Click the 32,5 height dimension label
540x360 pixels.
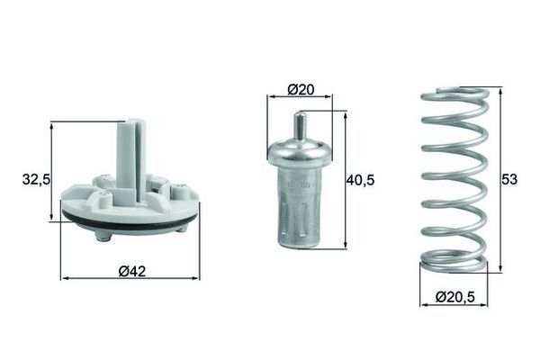(x=33, y=180)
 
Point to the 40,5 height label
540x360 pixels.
(x=360, y=180)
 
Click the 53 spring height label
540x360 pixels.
(x=509, y=180)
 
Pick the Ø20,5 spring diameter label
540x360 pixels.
(x=454, y=294)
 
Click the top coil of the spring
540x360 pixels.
(x=454, y=94)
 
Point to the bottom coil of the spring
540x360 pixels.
(x=454, y=264)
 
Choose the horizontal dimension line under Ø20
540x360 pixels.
(x=300, y=100)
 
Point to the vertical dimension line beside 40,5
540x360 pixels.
(x=345, y=180)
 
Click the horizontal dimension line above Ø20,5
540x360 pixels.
(x=454, y=305)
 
